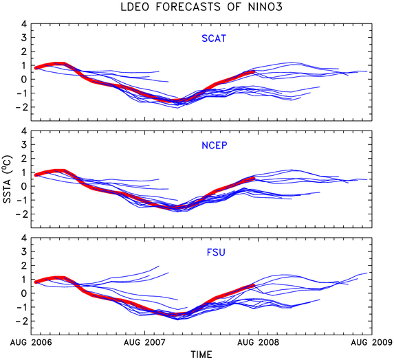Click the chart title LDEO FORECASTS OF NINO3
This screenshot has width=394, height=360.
pyautogui.click(x=201, y=7)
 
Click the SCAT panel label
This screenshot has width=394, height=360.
pyautogui.click(x=214, y=38)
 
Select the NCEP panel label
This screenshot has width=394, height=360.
pyautogui.click(x=215, y=146)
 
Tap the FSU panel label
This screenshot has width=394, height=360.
pyautogui.click(x=216, y=252)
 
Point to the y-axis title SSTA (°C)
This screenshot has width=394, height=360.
pyautogui.click(x=7, y=179)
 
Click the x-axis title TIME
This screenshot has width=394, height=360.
pyautogui.click(x=201, y=355)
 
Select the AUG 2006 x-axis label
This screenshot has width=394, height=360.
pyautogui.click(x=31, y=342)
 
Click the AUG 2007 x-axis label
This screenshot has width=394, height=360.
pyautogui.click(x=144, y=342)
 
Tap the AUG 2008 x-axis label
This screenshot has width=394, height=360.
pyautogui.click(x=259, y=342)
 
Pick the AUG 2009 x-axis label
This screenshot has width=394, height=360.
pyautogui.click(x=372, y=342)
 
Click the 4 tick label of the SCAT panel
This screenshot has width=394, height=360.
pyautogui.click(x=24, y=24)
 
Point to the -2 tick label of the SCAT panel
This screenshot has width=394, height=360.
pyautogui.click(x=21, y=107)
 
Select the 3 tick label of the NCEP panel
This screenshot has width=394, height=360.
pyautogui.click(x=24, y=144)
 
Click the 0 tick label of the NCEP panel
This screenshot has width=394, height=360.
pyautogui.click(x=24, y=186)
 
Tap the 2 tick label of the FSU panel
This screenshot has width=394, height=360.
pyautogui.click(x=24, y=265)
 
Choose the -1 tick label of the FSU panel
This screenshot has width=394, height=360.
pyautogui.click(x=21, y=307)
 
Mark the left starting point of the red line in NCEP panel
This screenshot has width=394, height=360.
pyautogui.click(x=36, y=175)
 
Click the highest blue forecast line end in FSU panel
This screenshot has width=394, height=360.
pyautogui.click(x=159, y=266)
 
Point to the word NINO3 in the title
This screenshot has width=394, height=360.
pyautogui.click(x=265, y=7)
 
